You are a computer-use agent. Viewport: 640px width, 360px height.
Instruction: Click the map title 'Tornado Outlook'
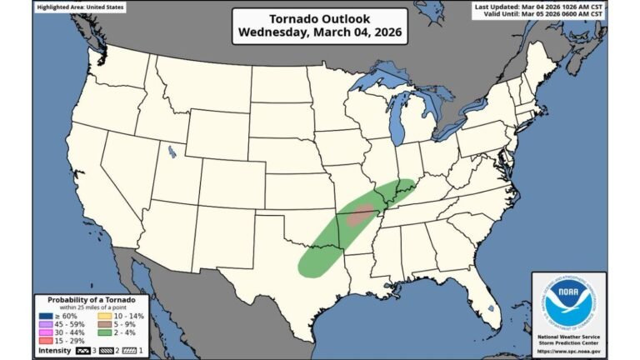click(319, 18)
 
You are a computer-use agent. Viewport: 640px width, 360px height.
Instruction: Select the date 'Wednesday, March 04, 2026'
click(319, 33)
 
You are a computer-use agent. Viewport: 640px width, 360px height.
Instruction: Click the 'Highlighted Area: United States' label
click(79, 6)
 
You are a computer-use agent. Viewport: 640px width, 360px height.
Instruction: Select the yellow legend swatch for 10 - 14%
click(105, 317)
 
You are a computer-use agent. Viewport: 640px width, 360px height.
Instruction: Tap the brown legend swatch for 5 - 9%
click(105, 325)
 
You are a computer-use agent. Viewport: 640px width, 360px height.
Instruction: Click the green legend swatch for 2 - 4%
click(105, 333)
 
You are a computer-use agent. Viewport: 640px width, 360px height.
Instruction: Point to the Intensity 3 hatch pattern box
click(85, 351)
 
